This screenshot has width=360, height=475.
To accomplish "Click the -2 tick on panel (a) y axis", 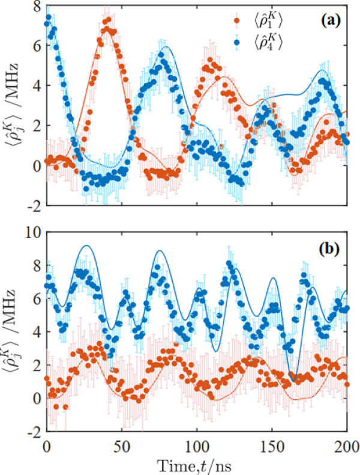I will point(34,205).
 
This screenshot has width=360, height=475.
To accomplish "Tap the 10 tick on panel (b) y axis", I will point(34,229).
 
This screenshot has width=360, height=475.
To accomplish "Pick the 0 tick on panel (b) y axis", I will point(37,398).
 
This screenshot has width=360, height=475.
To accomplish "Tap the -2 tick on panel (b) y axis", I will point(34,431).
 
